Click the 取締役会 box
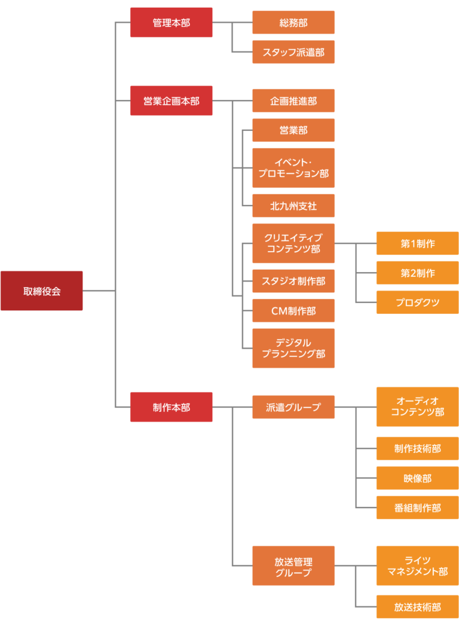42,291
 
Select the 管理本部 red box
171,23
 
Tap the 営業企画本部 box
171,100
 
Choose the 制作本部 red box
171,407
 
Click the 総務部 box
293,23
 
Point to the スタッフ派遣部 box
293,52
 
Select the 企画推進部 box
293,100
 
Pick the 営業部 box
293,130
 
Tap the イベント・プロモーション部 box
293,168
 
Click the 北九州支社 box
293,206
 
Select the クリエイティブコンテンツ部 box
293,243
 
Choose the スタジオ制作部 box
293,281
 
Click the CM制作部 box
293,311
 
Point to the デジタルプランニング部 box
293,349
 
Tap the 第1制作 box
417,243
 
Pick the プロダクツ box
417,303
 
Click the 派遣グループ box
293,407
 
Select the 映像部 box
417,478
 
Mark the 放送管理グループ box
293,566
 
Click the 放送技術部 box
417,607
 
